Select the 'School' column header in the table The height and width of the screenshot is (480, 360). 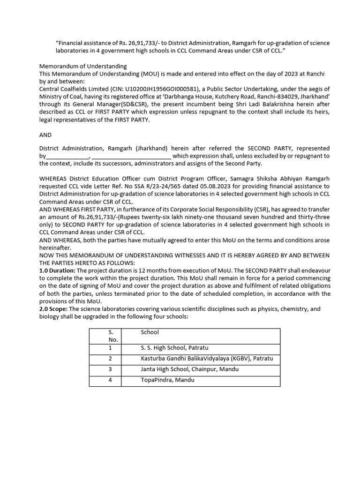(x=150, y=332)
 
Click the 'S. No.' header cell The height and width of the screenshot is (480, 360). (x=110, y=336)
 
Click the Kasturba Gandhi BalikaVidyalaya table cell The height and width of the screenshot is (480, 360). (x=207, y=359)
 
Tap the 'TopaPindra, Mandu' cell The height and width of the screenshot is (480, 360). (x=167, y=380)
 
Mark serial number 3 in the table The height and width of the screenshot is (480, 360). (x=110, y=369)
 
